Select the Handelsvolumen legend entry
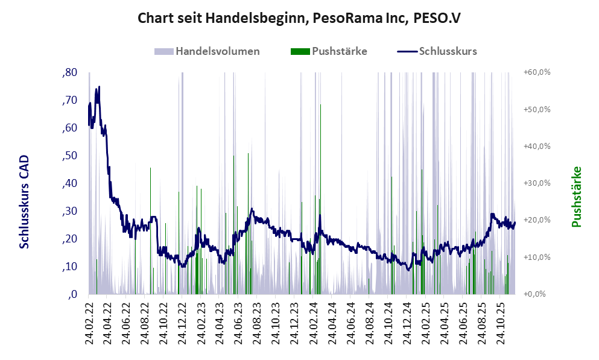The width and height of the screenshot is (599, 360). click(218, 51)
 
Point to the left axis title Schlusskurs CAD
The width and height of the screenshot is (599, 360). click(25, 201)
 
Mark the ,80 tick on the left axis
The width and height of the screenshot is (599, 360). click(70, 72)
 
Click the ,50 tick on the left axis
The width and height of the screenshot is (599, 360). click(70, 156)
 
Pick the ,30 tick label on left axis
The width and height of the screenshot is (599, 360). click(70, 211)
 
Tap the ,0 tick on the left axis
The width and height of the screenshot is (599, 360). click(72, 294)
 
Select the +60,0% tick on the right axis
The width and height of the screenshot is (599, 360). click(537, 72)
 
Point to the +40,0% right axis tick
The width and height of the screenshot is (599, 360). click(537, 147)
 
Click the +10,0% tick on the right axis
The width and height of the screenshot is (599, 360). click(537, 257)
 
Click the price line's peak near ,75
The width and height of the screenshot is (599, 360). click(99, 87)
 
